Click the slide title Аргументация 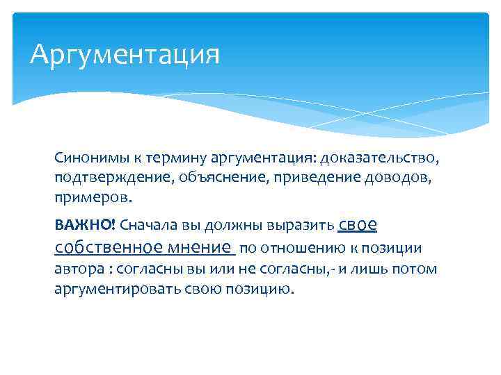(125, 54)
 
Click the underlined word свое (358, 224)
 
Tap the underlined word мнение (199, 247)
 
